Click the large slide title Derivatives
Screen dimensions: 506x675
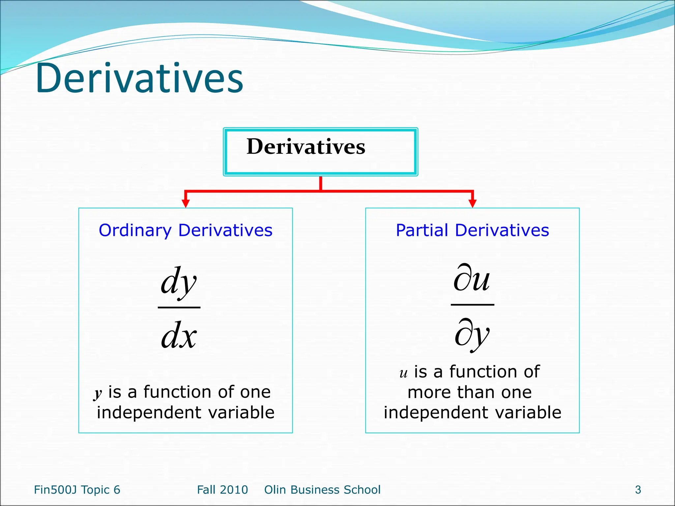click(x=139, y=78)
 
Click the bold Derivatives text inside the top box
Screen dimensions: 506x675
click(x=306, y=147)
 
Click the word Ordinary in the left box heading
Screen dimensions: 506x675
click(x=135, y=230)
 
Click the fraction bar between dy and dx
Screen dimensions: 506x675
click(x=179, y=307)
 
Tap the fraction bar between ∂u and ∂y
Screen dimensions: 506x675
click(x=472, y=305)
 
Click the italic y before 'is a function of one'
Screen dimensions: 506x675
click(x=98, y=393)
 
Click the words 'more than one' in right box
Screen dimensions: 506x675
click(x=470, y=392)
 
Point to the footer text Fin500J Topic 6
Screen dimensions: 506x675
click(x=77, y=490)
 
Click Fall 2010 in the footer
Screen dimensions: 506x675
click(x=222, y=490)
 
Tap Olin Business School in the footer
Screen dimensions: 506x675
click(x=322, y=490)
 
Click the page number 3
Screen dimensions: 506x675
click(x=638, y=490)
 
